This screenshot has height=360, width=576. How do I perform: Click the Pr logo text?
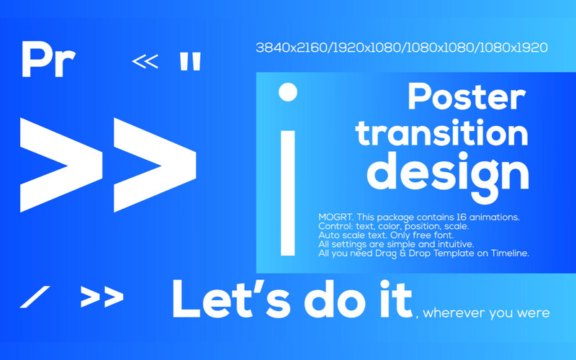(x=48, y=60)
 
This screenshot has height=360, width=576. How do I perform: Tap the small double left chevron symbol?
(x=145, y=62)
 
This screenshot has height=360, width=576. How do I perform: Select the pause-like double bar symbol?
(x=190, y=62)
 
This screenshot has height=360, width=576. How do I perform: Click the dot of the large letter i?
(x=287, y=91)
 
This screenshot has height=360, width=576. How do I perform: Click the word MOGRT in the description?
(x=335, y=217)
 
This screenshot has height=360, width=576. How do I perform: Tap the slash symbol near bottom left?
(x=35, y=296)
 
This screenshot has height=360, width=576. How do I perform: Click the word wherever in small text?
(x=452, y=313)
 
